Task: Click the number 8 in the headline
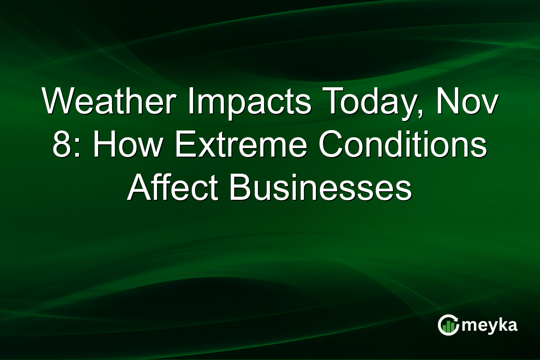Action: [61, 146]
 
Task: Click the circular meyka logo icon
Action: [448, 325]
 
